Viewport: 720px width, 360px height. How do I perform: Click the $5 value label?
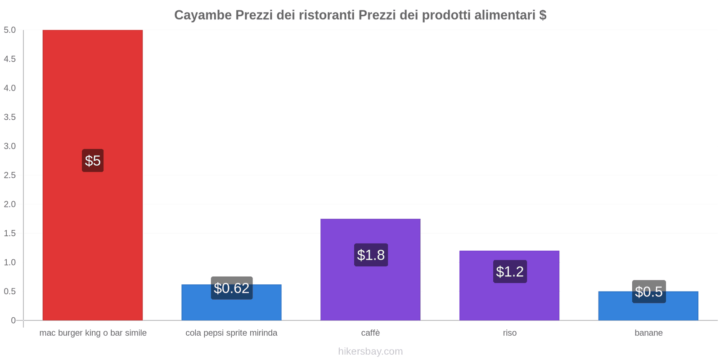93,161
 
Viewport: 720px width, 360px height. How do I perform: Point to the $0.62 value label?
231,288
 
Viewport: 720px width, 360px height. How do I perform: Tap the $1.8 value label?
371,255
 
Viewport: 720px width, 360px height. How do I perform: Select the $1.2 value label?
510,272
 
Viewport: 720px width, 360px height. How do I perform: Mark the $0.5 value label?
648,292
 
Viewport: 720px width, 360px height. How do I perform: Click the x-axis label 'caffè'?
370,333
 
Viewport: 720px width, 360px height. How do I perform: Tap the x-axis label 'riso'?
510,333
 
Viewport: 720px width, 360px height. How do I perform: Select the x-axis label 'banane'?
648,333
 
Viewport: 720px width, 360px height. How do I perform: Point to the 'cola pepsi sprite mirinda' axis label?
231,333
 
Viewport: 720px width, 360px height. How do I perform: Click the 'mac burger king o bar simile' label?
93,333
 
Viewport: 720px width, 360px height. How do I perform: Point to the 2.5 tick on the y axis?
10,175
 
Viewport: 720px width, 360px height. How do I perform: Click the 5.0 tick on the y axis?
10,30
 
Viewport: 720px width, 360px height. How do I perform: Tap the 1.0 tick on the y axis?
10,262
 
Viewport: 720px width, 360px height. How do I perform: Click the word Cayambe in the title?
202,15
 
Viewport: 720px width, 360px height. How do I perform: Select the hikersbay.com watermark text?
370,351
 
